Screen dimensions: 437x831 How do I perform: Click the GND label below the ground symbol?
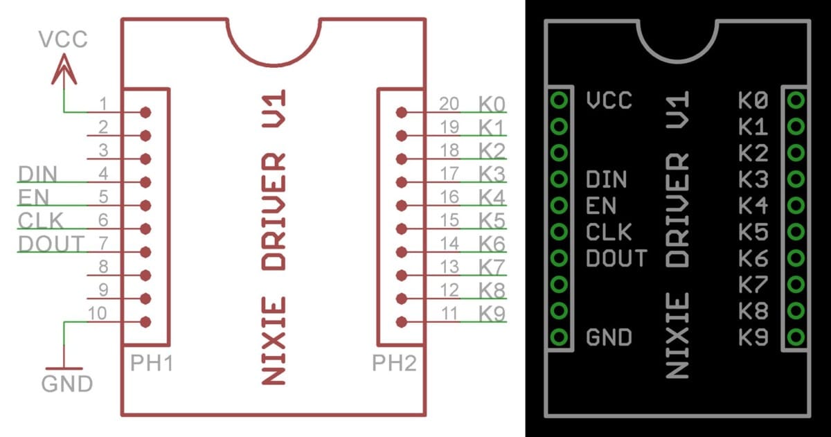click(67, 383)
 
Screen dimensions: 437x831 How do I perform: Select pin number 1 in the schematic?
click(102, 105)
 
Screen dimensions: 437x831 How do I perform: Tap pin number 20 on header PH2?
click(449, 104)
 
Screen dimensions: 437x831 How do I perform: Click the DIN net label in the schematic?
click(37, 174)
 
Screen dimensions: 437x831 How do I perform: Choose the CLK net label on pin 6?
click(41, 220)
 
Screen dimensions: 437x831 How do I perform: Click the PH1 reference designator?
click(151, 362)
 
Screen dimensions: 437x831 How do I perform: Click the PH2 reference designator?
click(394, 362)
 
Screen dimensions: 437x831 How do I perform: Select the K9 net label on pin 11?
click(492, 313)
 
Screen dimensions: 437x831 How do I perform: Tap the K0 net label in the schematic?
click(492, 104)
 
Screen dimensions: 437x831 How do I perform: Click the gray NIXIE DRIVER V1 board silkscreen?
click(678, 235)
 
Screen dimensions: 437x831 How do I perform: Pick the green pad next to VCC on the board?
click(560, 101)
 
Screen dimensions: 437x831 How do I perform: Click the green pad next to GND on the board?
click(560, 337)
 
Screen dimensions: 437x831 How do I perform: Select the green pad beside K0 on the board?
click(796, 101)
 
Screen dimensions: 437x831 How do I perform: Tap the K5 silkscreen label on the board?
click(753, 231)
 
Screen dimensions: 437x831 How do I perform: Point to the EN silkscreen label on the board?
click(600, 206)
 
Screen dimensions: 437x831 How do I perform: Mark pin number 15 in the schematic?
click(449, 220)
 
